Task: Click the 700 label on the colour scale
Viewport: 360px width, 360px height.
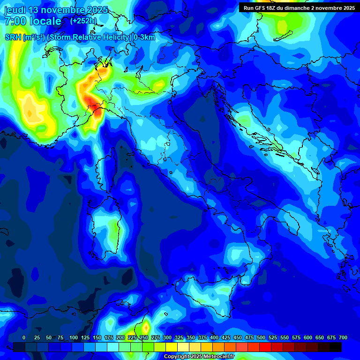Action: pyautogui.click(x=343, y=338)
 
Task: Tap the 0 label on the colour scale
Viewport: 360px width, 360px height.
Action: pyautogui.click(x=24, y=338)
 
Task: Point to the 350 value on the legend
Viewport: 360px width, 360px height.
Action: pyautogui.click(x=191, y=338)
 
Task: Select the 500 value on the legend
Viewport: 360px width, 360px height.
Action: pyautogui.click(x=261, y=338)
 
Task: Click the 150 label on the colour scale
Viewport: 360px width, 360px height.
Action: pyautogui.click(x=97, y=338)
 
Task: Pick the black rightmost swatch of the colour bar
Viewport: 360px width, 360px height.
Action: pyautogui.click(x=336, y=347)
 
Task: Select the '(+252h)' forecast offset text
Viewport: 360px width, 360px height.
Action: pyautogui.click(x=83, y=21)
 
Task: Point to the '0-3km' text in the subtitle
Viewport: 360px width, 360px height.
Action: pyautogui.click(x=144, y=37)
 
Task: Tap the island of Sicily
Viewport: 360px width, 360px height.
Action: pyautogui.click(x=206, y=293)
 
